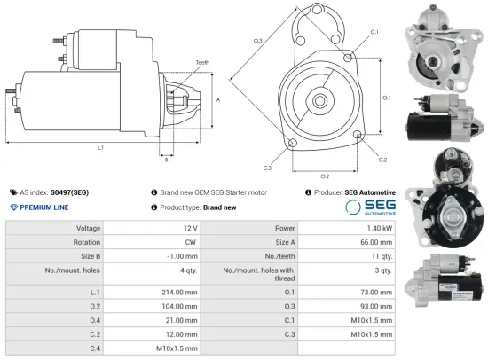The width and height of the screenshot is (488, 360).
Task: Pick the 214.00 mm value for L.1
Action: pos(177,291)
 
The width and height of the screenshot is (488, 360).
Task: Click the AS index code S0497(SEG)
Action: pos(69,192)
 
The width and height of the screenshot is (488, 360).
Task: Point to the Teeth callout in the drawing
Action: pos(203,63)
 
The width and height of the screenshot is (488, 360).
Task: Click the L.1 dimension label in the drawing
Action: pos(100,146)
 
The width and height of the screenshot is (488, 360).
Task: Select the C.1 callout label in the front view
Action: pos(374,32)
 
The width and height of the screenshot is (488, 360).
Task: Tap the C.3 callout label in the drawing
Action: pos(267,167)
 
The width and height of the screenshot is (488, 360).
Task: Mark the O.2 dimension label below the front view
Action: pos(325,176)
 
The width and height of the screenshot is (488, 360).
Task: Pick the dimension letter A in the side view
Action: pos(218,100)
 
